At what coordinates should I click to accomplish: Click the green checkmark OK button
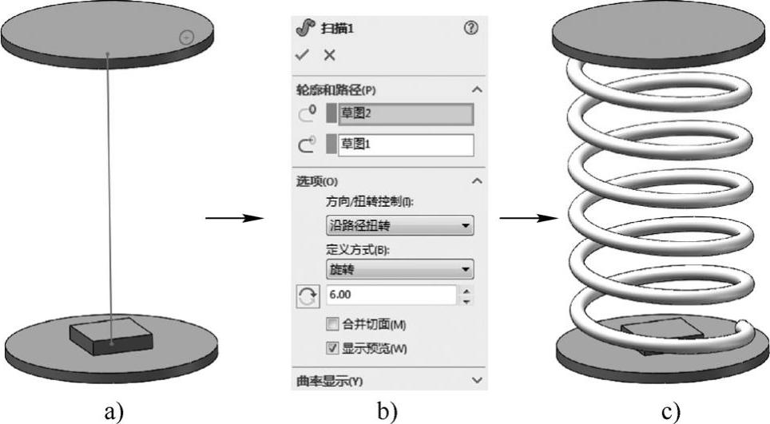[x=302, y=55]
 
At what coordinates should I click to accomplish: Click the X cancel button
[x=329, y=55]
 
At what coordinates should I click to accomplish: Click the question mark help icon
[x=470, y=28]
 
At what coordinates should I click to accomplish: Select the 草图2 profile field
[x=405, y=113]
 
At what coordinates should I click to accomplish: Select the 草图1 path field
[x=405, y=145]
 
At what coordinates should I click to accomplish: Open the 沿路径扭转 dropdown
[x=399, y=226]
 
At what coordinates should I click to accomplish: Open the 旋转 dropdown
[x=399, y=269]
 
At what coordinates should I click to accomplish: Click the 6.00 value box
[x=391, y=295]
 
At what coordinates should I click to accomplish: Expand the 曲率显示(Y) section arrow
[x=478, y=381]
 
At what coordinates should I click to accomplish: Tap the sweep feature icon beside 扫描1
[x=304, y=28]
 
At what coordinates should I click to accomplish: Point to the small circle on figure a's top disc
[x=185, y=37]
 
